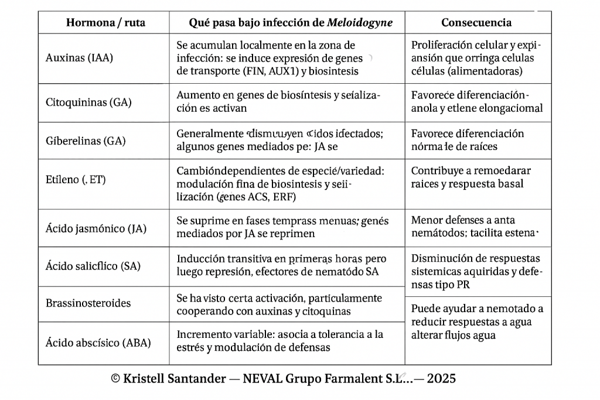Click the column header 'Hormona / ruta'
pos(105,23)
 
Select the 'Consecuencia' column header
pos(476,23)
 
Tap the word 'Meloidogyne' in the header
pos(360,23)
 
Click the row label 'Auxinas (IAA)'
pos(79,58)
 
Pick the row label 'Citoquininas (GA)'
pos(88,102)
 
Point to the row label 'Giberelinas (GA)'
pos(86,141)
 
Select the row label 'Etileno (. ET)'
pos(76,180)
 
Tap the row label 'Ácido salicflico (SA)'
pos(93,266)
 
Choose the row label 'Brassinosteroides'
pos(88,303)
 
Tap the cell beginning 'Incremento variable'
pos(280,341)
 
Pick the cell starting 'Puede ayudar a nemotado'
pos(477,322)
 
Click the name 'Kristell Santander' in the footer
pos(174,379)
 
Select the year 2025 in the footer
pos(441,379)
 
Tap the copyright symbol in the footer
pos(115,379)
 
